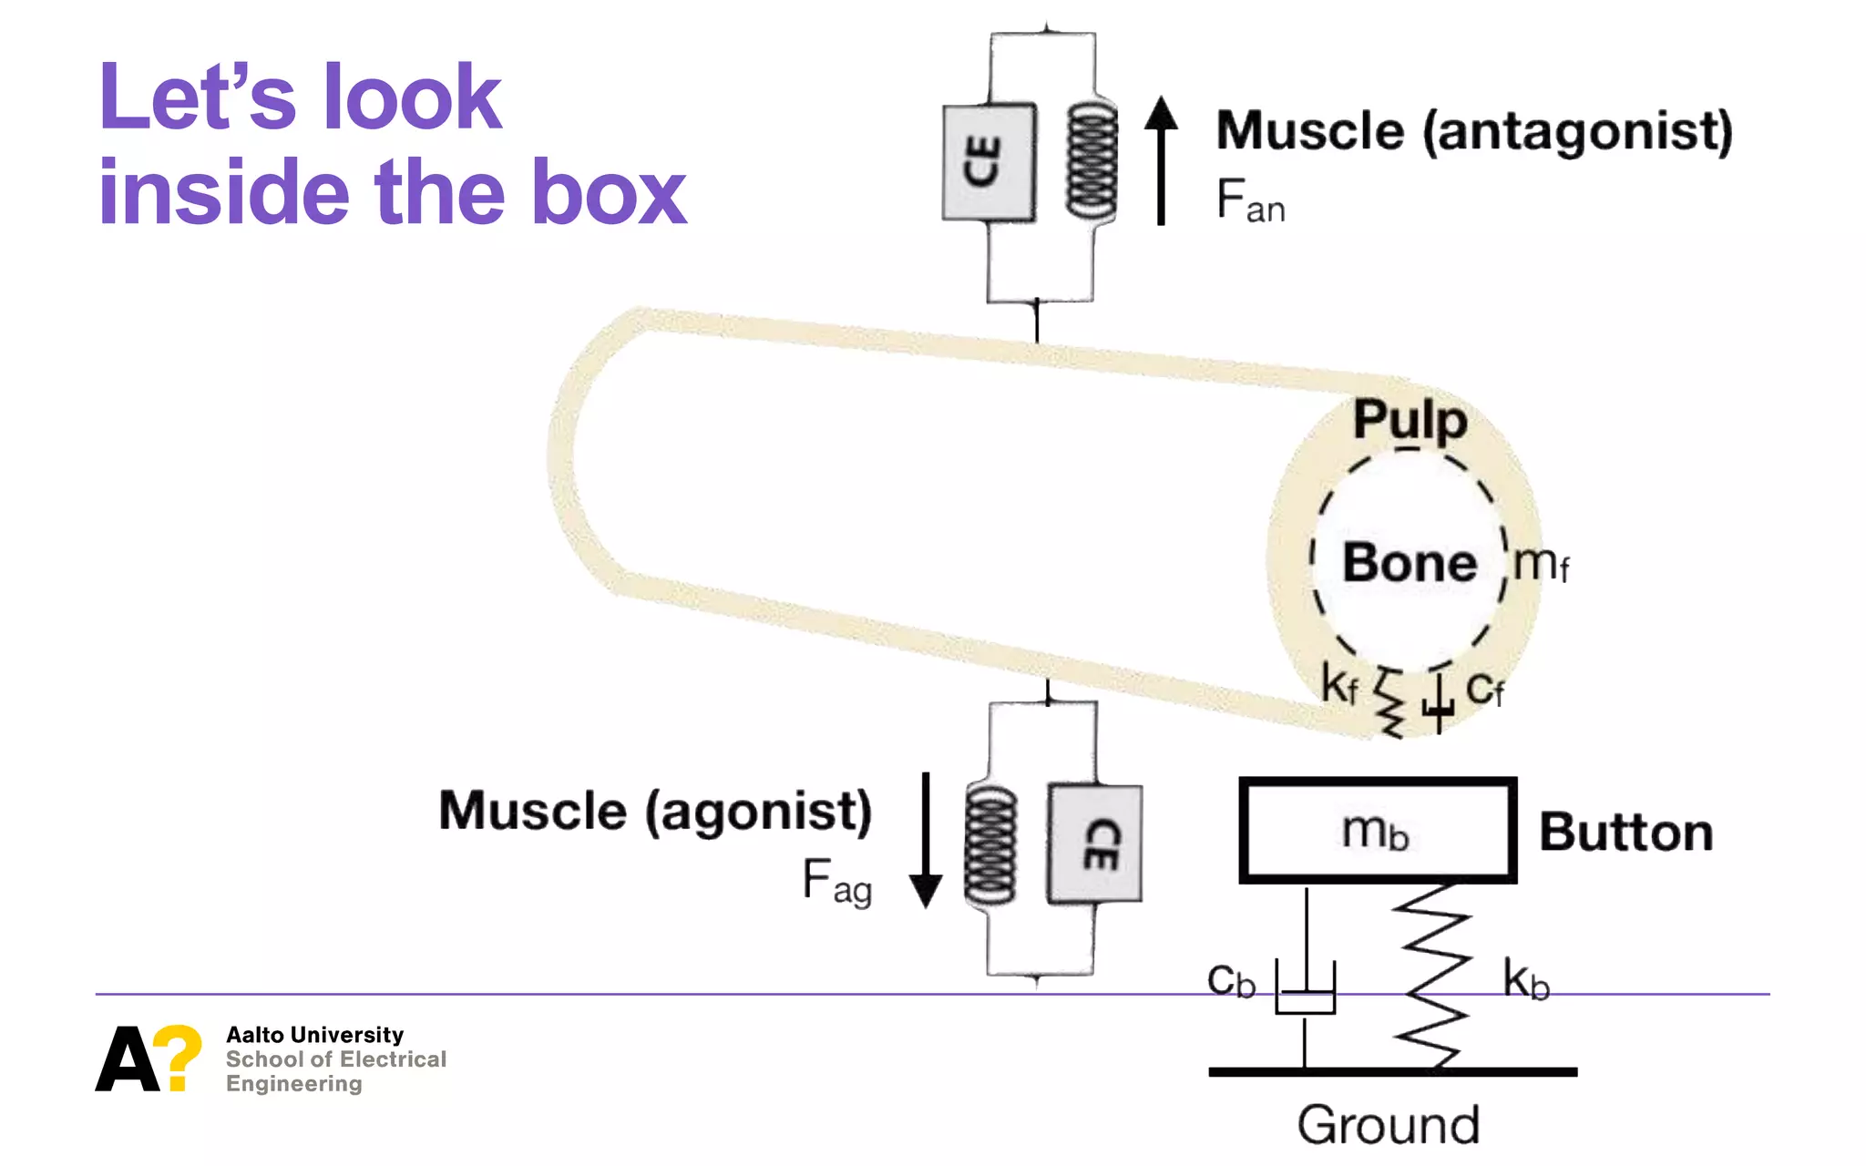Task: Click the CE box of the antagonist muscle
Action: pyautogui.click(x=989, y=162)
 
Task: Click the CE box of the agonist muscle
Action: pyautogui.click(x=1095, y=844)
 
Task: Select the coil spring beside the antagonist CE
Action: pyautogui.click(x=1092, y=161)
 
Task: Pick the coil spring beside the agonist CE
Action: pyautogui.click(x=990, y=845)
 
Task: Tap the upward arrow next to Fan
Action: pyautogui.click(x=1161, y=160)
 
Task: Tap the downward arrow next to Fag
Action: pyautogui.click(x=926, y=841)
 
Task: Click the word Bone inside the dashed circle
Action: pyautogui.click(x=1409, y=562)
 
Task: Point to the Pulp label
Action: pyautogui.click(x=1410, y=420)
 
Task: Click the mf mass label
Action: pyautogui.click(x=1541, y=564)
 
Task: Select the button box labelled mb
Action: pyautogui.click(x=1377, y=831)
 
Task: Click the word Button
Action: pyautogui.click(x=1625, y=833)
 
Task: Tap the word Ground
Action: pyautogui.click(x=1389, y=1125)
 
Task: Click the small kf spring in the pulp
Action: pyautogui.click(x=1390, y=703)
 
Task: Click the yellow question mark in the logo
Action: pyautogui.click(x=178, y=1056)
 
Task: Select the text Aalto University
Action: pyautogui.click(x=314, y=1035)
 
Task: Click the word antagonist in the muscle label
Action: pyautogui.click(x=1577, y=132)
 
